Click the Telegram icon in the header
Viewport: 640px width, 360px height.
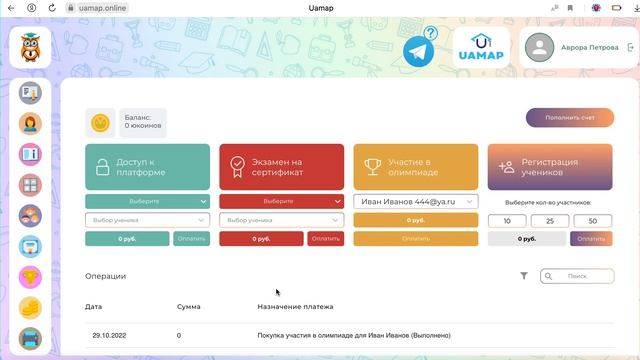tap(420, 51)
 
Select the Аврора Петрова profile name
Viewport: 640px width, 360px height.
tap(589, 47)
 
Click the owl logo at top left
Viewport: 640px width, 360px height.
tap(30, 47)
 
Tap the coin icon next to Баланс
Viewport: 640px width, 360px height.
tap(100, 123)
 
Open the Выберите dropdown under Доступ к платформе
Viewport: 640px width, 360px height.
tap(147, 201)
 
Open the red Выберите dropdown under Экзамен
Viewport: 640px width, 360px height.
tap(281, 201)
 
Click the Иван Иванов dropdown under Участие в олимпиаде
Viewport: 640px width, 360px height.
tap(415, 201)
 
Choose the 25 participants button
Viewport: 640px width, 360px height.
tap(550, 221)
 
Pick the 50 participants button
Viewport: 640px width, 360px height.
tap(593, 221)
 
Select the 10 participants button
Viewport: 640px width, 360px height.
tap(507, 221)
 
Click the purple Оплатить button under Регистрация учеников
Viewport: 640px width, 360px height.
tap(591, 239)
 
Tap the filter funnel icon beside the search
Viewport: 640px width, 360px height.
tap(524, 276)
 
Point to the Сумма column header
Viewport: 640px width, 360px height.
tap(188, 306)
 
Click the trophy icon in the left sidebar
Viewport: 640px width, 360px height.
tap(30, 277)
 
